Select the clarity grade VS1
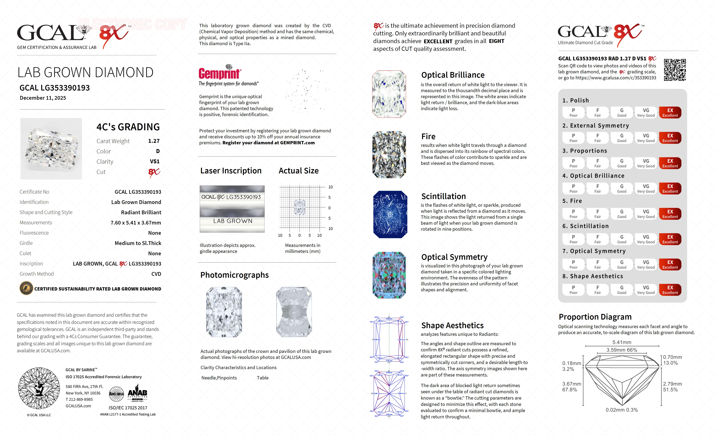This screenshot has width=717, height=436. click(x=154, y=161)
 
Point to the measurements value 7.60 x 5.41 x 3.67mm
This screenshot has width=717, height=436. click(x=136, y=223)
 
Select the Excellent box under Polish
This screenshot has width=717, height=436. click(x=670, y=113)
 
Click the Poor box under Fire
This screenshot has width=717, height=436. click(x=573, y=214)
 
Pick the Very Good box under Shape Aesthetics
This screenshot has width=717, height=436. click(x=646, y=290)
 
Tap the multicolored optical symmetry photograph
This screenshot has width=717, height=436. click(x=389, y=275)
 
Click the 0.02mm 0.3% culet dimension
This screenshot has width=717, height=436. click(x=622, y=410)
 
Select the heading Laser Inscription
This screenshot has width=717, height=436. click(x=231, y=171)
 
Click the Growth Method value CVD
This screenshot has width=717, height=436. click(x=156, y=274)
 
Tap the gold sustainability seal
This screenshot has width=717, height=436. click(x=26, y=289)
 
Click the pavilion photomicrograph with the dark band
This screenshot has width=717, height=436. click(x=294, y=312)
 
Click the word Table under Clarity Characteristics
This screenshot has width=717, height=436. click(x=263, y=378)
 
